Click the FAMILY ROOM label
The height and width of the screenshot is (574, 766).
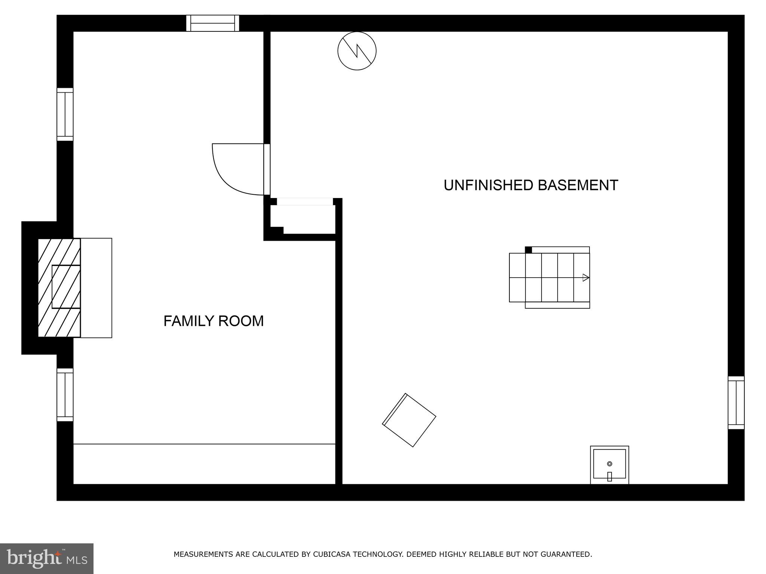[x=214, y=321]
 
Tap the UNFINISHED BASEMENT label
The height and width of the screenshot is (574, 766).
[x=530, y=185]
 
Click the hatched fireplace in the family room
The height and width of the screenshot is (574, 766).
[x=59, y=288]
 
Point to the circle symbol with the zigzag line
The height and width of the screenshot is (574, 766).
[x=357, y=51]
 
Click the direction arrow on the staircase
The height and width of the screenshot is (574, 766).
[x=586, y=278]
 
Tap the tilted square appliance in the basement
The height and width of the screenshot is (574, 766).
[x=409, y=420]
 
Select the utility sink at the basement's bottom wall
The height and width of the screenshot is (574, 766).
[x=609, y=465]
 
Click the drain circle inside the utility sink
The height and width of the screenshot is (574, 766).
[x=609, y=464]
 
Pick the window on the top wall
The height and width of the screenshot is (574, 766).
[x=212, y=23]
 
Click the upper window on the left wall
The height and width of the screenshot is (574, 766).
[x=65, y=114]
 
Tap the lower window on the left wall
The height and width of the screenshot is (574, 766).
[x=65, y=395]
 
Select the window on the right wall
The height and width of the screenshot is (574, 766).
[x=736, y=402]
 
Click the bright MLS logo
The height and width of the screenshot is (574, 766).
[x=47, y=558]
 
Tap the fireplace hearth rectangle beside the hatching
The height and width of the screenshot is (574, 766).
[x=96, y=288]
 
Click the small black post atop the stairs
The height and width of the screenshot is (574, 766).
[x=528, y=250]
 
